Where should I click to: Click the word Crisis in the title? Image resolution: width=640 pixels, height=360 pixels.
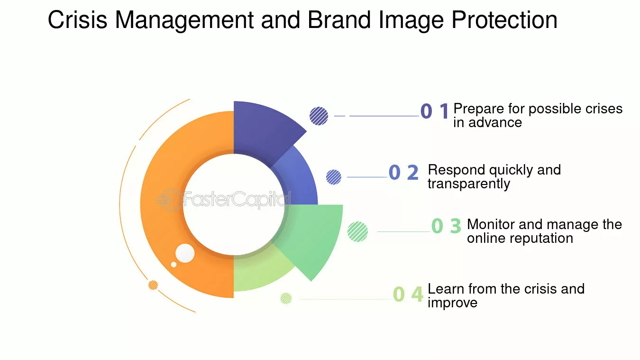[x=77, y=20]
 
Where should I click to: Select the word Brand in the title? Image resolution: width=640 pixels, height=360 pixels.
[x=339, y=20]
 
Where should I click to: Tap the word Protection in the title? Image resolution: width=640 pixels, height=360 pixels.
[x=504, y=20]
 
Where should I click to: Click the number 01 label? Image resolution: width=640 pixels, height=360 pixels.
[x=434, y=111]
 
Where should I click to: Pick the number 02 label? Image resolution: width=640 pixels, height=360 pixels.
[x=403, y=173]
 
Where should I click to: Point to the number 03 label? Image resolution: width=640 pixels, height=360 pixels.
[x=446, y=226]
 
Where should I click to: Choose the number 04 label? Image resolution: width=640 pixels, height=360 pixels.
[x=408, y=294]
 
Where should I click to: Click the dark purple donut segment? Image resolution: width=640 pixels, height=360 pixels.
[x=263, y=129]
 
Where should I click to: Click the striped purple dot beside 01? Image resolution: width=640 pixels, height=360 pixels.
[x=319, y=116]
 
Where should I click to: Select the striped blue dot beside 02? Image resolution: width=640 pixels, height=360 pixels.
[x=334, y=177]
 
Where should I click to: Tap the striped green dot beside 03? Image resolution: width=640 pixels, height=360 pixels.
[x=358, y=231]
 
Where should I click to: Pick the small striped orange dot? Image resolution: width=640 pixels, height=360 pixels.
[x=153, y=285]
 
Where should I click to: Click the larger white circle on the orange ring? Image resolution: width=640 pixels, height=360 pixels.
[x=185, y=253]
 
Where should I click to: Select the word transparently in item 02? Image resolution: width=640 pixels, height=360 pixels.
[x=468, y=184]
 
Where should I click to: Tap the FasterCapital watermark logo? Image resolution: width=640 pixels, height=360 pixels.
[x=223, y=200]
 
